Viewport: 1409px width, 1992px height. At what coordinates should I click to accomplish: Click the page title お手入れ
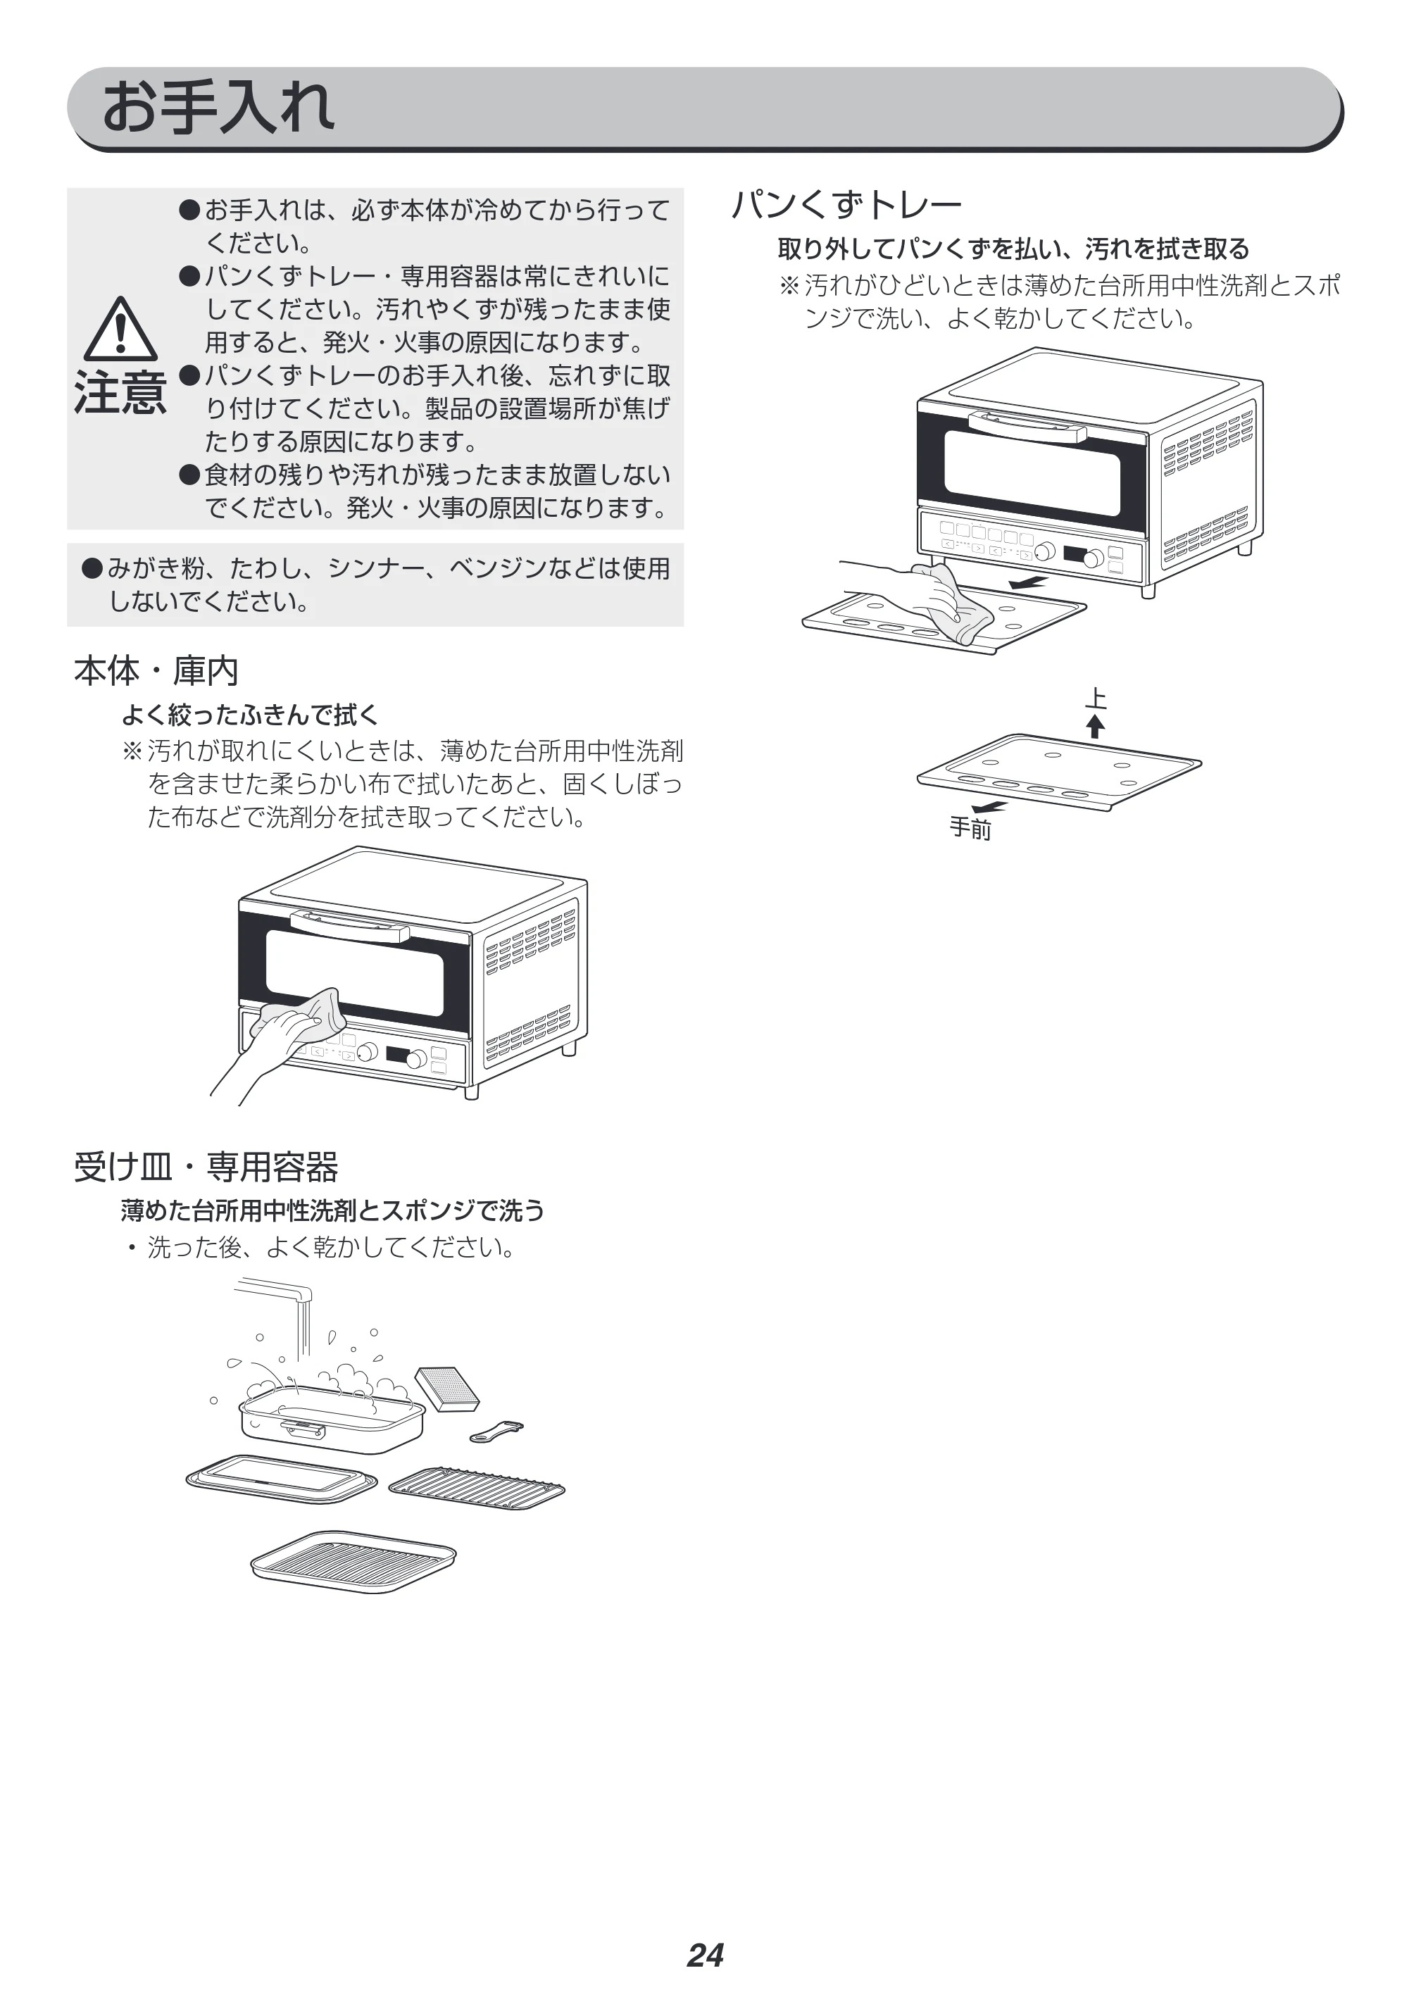tap(218, 108)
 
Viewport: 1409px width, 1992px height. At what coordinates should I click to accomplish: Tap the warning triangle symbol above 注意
tap(120, 329)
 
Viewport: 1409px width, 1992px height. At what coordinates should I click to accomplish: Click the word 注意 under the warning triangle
tap(120, 392)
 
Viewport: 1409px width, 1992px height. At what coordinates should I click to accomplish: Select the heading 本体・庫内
tap(156, 670)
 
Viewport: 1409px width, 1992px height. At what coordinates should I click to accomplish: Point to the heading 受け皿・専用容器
tap(206, 1167)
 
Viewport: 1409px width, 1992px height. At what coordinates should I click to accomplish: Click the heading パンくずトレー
tap(847, 205)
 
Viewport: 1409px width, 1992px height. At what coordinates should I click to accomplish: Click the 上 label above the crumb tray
tap(1096, 699)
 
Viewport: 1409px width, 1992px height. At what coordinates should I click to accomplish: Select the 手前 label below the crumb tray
tap(970, 829)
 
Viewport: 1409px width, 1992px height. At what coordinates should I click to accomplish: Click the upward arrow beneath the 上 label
tap(1096, 725)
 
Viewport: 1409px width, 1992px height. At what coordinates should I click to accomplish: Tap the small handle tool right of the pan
tap(496, 1432)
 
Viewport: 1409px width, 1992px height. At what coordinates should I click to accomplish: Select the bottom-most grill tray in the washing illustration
tap(353, 1562)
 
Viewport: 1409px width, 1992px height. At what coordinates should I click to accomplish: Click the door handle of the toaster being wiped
tap(351, 927)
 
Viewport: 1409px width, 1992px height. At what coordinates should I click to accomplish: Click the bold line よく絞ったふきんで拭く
tap(250, 715)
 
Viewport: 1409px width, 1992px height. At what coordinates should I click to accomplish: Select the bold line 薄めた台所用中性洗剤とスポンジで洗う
tap(332, 1210)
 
